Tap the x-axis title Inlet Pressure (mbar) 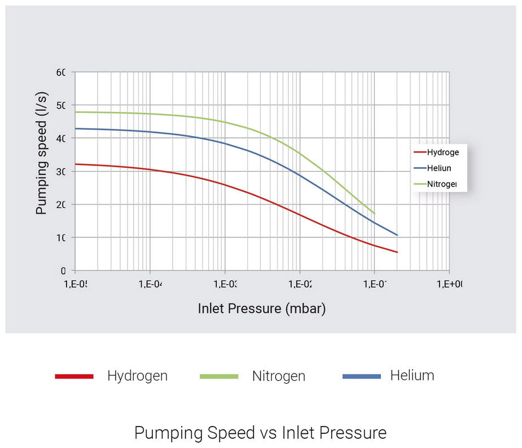262,308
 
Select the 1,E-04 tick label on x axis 150,284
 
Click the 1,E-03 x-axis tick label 225,284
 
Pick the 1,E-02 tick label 300,284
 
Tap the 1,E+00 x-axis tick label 450,284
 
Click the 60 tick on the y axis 61,72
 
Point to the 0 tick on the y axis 63,271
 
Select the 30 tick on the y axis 61,172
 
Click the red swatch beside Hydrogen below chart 74,376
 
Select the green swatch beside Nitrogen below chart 219,376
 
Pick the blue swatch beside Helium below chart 362,376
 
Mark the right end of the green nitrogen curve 375,214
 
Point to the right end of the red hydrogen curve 397,252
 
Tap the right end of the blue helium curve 397,235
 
